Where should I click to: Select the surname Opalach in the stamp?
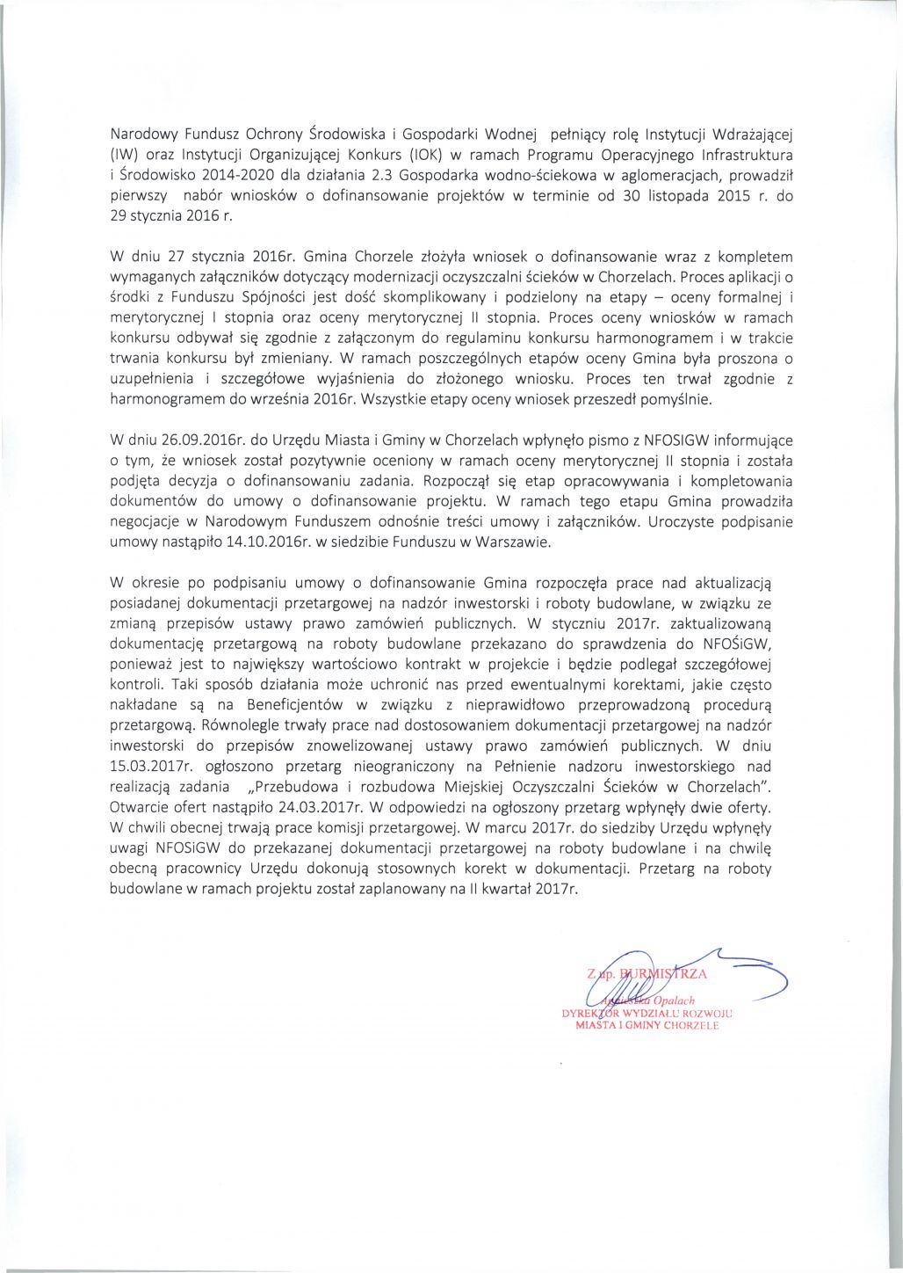coord(673,1000)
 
